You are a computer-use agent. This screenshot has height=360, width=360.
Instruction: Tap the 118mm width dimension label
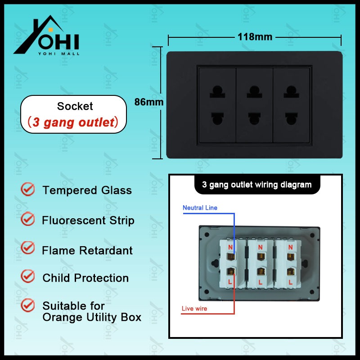pos(255,37)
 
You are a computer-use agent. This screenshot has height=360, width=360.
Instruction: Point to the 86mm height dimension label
pos(149,102)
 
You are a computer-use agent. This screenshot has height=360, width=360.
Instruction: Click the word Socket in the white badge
pos(75,106)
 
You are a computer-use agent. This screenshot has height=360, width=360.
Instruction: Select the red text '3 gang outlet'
pos(73,122)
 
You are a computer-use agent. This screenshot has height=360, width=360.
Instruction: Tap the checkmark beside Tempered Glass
pos(27,189)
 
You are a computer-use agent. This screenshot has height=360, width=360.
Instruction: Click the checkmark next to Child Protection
pos(27,276)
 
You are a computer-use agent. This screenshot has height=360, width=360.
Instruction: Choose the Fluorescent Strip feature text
pos(88,220)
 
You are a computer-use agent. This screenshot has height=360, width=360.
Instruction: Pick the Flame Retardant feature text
pos(87,250)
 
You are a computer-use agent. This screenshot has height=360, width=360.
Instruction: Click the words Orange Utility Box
pos(92,317)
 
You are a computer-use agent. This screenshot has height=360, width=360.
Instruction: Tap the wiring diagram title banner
pos(257,185)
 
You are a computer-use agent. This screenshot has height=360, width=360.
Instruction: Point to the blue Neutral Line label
pos(200,208)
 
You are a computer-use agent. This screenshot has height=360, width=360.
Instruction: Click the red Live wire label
pos(194,308)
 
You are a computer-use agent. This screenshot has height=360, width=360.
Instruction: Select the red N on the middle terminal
pos(260,247)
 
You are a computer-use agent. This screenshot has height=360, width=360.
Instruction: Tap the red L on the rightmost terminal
pos(291,282)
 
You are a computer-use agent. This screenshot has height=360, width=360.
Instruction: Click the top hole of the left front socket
pos(217,92)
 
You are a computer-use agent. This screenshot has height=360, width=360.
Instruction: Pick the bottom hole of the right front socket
pos(291,118)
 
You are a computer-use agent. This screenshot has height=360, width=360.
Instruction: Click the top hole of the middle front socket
pos(254,92)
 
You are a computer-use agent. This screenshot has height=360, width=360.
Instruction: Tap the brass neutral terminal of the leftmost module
pos(230,256)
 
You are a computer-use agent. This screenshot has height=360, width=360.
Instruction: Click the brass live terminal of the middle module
pos(261,271)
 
